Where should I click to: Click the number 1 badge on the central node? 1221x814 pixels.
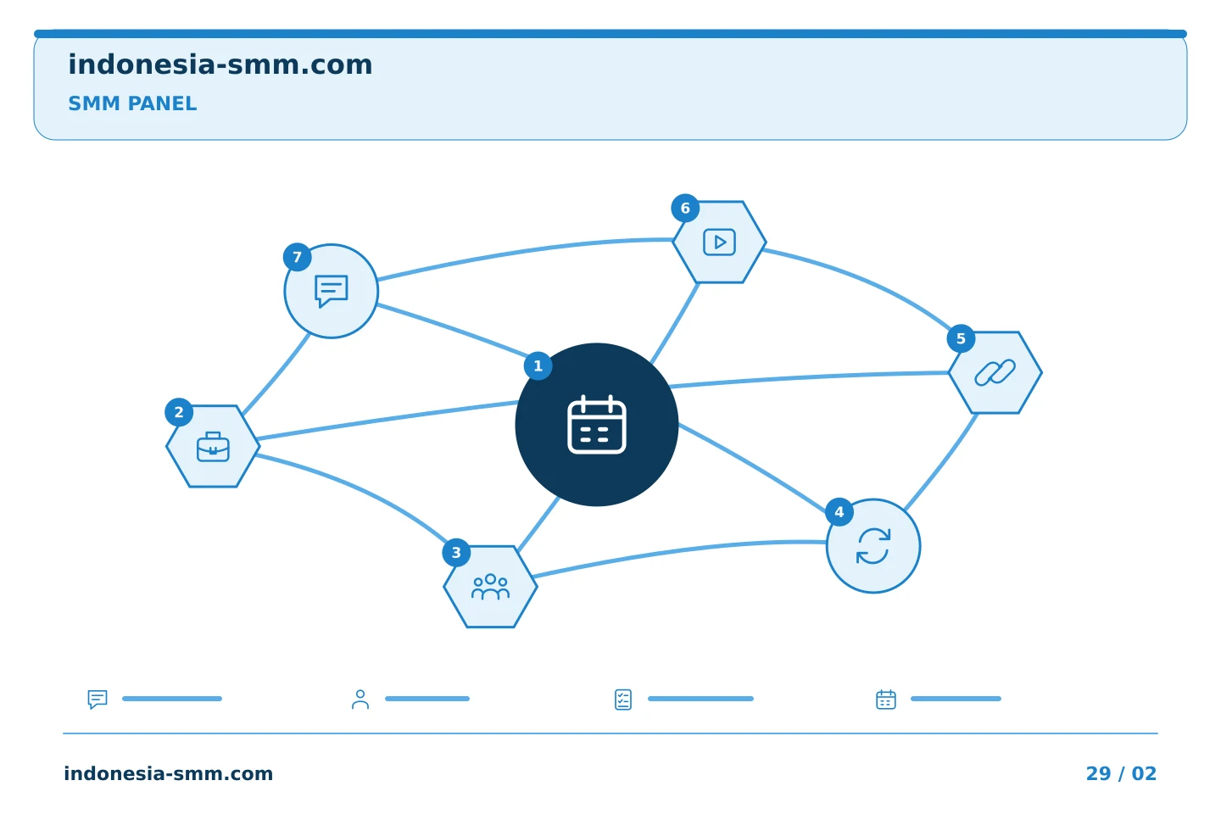[538, 365]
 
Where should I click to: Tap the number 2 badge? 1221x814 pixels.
[179, 412]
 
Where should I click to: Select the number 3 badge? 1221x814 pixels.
[456, 553]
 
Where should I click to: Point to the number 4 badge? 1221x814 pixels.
[839, 512]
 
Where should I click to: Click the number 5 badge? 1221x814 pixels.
[961, 338]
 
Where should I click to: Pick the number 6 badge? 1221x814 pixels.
[685, 209]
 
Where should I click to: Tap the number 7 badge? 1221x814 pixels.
[297, 257]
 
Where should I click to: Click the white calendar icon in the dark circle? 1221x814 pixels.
[597, 424]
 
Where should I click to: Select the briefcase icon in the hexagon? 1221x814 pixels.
[213, 447]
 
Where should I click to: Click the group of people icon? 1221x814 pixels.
[491, 587]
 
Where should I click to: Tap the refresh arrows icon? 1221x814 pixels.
[873, 546]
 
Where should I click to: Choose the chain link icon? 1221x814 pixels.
[995, 372]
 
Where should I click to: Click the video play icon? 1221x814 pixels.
[720, 242]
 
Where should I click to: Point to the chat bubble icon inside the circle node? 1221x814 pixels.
[331, 291]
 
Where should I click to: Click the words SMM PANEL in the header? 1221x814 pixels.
[132, 103]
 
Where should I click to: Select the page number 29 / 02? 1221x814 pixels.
[1121, 773]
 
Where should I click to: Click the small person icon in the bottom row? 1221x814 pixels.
[360, 699]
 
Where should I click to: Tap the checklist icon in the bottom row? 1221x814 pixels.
[623, 700]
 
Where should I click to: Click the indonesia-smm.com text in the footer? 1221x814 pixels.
[169, 773]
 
